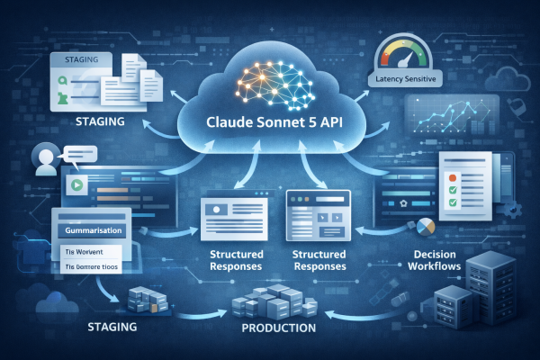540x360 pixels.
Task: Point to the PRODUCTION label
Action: coord(279,328)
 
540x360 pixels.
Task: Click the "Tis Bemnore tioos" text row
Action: coord(94,266)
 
